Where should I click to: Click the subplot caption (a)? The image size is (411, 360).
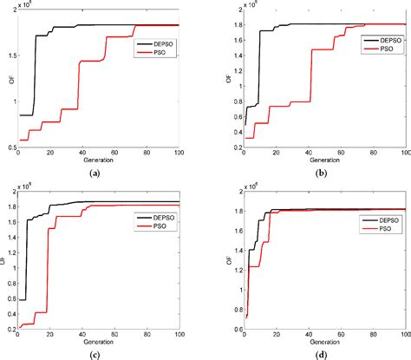(x=95, y=174)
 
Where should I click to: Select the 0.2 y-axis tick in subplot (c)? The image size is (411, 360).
(x=10, y=327)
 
